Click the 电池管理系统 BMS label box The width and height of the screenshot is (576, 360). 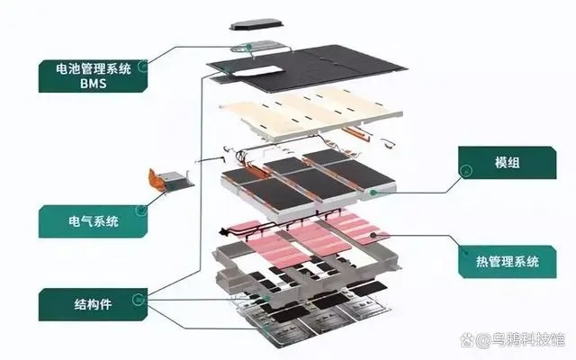[93, 76]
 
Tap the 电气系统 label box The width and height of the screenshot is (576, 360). [93, 221]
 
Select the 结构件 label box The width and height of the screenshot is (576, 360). [93, 304]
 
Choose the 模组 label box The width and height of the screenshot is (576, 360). [508, 163]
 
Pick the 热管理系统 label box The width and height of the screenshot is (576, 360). [508, 262]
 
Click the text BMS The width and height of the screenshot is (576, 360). [94, 84]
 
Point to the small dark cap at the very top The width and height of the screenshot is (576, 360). [256, 24]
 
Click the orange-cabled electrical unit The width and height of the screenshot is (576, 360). [170, 180]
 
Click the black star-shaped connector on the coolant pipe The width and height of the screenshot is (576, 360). [223, 232]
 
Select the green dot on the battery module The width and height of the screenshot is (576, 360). [373, 192]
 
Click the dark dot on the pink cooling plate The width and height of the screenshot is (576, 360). [373, 235]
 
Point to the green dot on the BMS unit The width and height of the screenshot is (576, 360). [249, 47]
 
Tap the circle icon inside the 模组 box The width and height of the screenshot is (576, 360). [466, 170]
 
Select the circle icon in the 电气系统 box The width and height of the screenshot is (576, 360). [140, 210]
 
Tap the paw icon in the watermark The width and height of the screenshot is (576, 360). [468, 340]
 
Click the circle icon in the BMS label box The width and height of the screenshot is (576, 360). [142, 67]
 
